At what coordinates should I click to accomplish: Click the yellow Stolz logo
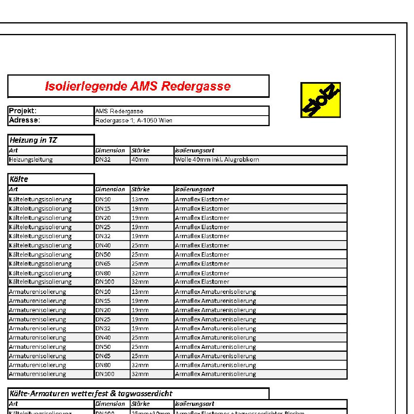(x=321, y=100)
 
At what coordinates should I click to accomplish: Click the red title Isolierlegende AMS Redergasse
(x=138, y=86)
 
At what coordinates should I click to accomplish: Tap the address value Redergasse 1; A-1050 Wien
(x=134, y=120)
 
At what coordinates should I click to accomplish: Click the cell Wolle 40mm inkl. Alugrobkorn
(x=217, y=160)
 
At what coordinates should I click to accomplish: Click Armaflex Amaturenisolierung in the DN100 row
(x=215, y=374)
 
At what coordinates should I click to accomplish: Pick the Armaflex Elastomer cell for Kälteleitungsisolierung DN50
(x=202, y=255)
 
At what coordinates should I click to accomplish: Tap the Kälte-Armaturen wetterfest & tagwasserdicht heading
(x=91, y=393)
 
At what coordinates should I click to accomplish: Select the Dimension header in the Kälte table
(x=110, y=189)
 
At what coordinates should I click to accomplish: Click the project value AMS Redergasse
(x=119, y=111)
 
